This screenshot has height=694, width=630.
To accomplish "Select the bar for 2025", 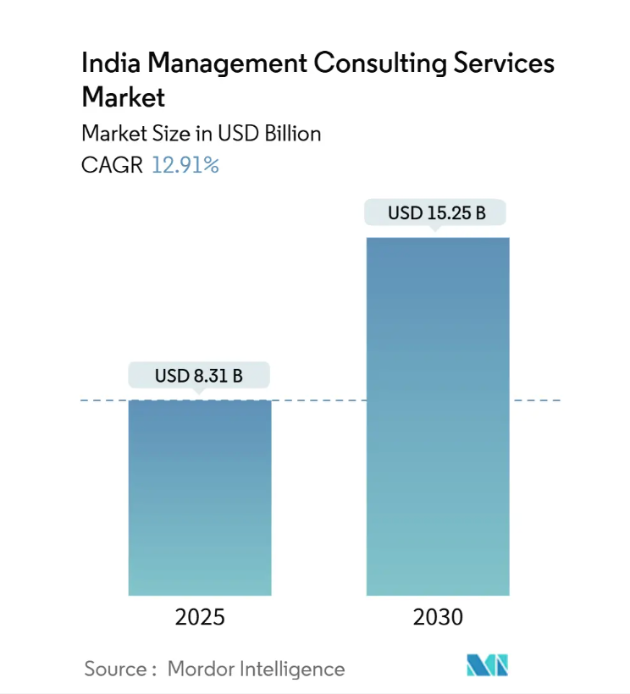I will pyautogui.click(x=200, y=497).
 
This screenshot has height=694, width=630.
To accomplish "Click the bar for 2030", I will pyautogui.click(x=438, y=416).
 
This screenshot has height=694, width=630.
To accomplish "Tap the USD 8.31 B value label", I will pyautogui.click(x=199, y=375).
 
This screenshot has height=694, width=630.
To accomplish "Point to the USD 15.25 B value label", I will pyautogui.click(x=436, y=212).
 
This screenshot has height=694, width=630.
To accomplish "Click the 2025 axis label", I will pyautogui.click(x=200, y=618).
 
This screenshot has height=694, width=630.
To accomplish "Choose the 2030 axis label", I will pyautogui.click(x=438, y=618).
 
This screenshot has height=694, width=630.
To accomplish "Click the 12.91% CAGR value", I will pyautogui.click(x=185, y=165).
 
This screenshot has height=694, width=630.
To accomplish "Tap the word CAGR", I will pyautogui.click(x=112, y=165).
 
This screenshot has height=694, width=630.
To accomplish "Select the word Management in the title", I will pyautogui.click(x=220, y=64).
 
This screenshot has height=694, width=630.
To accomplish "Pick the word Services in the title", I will pyautogui.click(x=504, y=64).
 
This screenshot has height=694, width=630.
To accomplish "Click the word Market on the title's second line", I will pyautogui.click(x=123, y=98).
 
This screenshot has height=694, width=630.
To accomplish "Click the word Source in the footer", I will pyautogui.click(x=115, y=669).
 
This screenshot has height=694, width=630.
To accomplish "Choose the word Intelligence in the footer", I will pyautogui.click(x=295, y=669).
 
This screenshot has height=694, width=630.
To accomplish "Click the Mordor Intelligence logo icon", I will pyautogui.click(x=488, y=666).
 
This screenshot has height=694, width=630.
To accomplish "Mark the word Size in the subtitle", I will pyautogui.click(x=166, y=134).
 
